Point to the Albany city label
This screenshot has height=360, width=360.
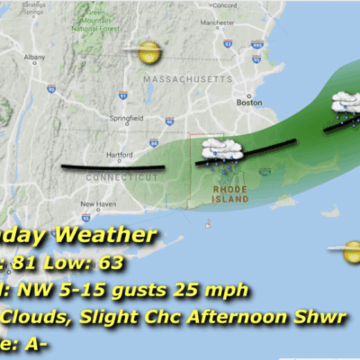point(34,57)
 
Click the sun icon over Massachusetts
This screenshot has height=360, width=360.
point(148,53)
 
